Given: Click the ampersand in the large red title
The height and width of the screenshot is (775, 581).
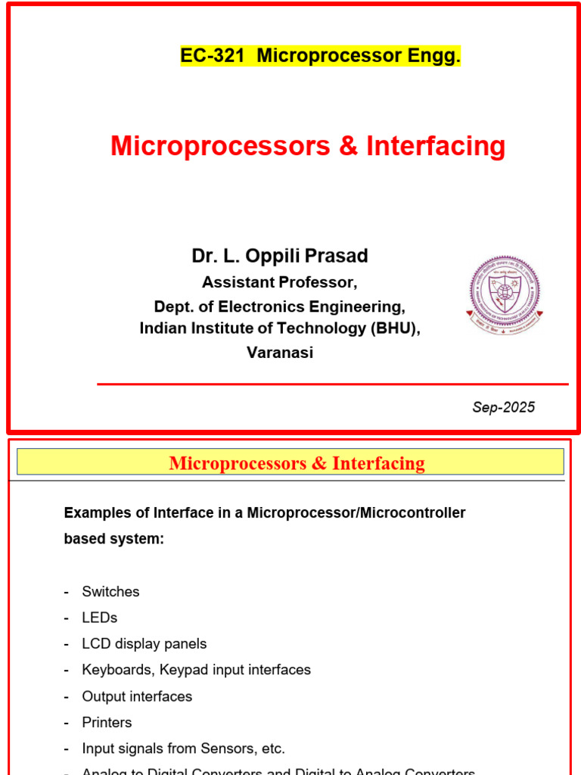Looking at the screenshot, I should point(348,146).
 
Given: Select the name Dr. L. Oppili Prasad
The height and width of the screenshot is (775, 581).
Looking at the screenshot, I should point(280,257).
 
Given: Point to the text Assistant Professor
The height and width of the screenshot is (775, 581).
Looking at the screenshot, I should point(279,282).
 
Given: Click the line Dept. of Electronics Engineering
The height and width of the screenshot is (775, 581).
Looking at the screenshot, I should point(280,306).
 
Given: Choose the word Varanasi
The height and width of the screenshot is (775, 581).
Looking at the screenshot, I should point(280,352).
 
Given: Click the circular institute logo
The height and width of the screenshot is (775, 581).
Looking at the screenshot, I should point(504,294).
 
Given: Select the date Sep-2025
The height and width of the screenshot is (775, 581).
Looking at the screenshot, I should point(503,407).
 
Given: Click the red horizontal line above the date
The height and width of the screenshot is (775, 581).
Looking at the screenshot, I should point(333,384).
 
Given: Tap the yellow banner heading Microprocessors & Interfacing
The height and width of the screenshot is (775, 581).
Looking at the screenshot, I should point(297,463).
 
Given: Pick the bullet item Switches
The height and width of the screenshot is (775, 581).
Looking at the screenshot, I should point(110,592).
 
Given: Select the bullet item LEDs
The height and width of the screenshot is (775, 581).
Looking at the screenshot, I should point(100,618).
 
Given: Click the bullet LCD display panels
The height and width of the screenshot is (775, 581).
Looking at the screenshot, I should point(144,644).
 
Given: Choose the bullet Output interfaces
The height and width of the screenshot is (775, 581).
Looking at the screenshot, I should point(137,696).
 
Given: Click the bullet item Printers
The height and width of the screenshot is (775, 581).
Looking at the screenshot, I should point(107,722).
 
